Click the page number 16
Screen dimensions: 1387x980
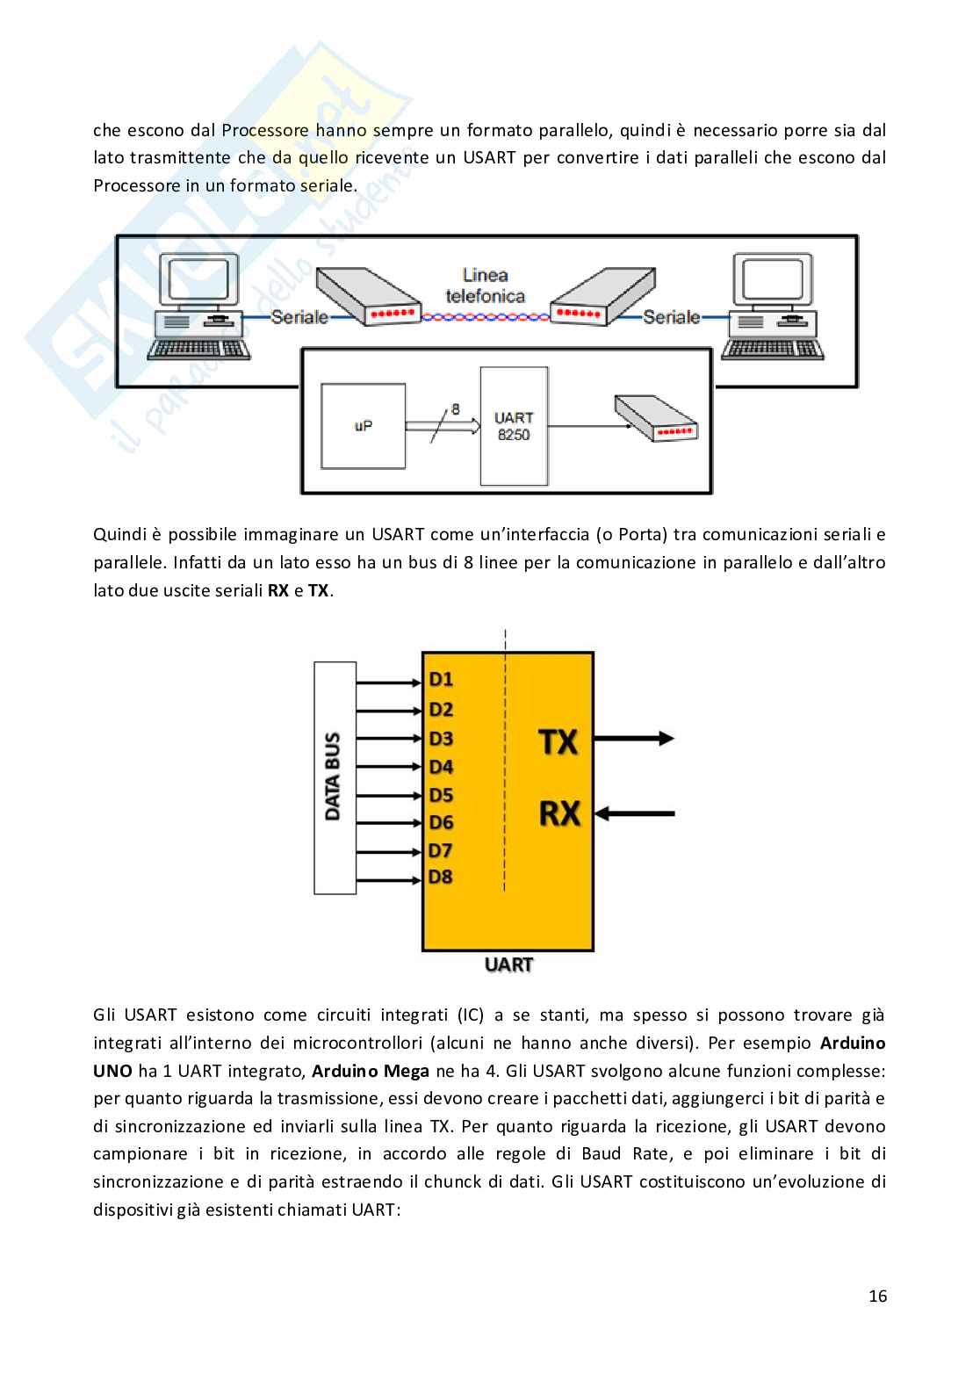(877, 1296)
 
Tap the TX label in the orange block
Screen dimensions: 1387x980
(558, 742)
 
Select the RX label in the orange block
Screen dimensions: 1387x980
(559, 813)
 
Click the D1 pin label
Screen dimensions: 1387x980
(441, 679)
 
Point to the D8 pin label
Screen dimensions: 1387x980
(441, 877)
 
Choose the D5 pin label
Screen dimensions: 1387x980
(441, 795)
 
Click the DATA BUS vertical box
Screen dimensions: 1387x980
(335, 777)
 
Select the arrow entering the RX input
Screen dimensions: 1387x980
(641, 814)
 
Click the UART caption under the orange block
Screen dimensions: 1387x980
(508, 964)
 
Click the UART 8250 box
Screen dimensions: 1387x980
(515, 426)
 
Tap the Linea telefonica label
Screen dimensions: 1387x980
(485, 285)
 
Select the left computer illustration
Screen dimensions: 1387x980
(198, 307)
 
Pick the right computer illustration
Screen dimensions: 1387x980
(773, 307)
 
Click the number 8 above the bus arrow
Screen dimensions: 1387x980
(455, 408)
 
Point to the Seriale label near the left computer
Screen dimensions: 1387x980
(299, 317)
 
